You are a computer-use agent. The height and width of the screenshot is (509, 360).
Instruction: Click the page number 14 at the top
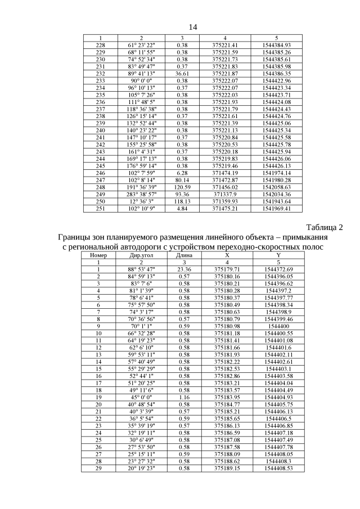[x=192, y=27]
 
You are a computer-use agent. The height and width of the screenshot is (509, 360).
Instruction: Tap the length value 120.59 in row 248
[x=182, y=187]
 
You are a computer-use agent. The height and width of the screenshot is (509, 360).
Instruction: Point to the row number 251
[x=101, y=209]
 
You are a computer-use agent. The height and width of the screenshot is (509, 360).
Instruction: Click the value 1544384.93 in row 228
[x=276, y=44]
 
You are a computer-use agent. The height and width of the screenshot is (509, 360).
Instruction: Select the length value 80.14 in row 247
[x=182, y=179]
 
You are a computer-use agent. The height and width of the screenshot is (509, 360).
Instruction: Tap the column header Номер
[x=98, y=255]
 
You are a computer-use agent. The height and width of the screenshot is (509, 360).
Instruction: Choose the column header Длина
[x=184, y=255]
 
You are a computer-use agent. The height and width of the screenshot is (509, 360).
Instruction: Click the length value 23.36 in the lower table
[x=184, y=269]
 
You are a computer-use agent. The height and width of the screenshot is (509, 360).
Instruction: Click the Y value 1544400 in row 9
[x=278, y=326]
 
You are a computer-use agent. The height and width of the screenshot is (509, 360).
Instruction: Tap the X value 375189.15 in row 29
[x=227, y=467]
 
